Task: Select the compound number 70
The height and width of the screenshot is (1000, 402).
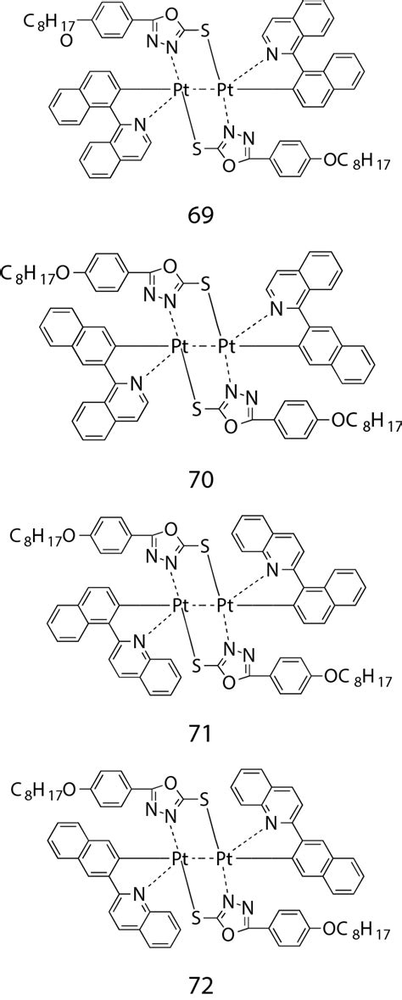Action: (x=201, y=481)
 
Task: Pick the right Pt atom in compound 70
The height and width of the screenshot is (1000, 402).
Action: (x=224, y=347)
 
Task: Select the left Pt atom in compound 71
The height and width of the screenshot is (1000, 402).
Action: (x=179, y=605)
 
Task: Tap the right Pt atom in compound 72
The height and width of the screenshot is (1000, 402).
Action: (x=224, y=860)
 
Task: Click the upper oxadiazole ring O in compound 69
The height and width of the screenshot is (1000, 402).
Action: (x=167, y=13)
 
